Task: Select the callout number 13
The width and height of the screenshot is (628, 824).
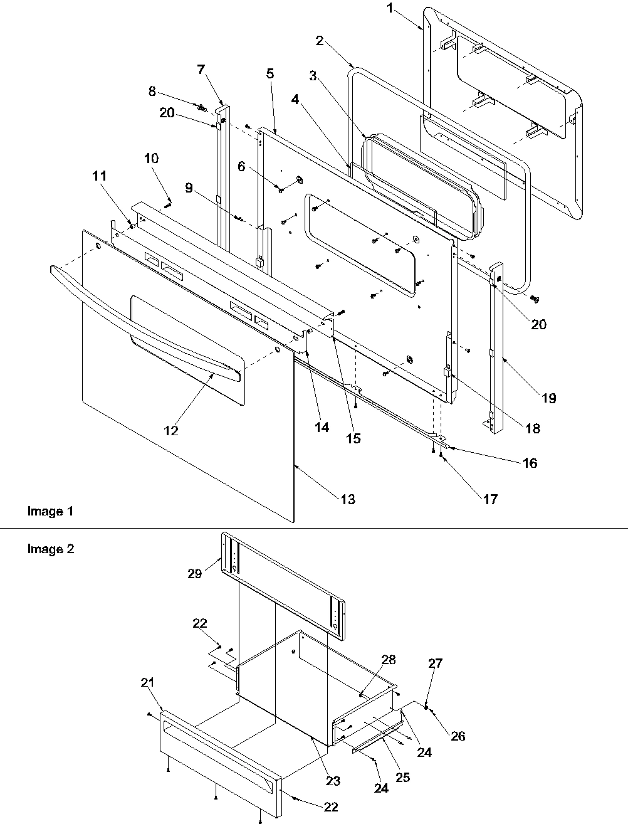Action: [x=347, y=499]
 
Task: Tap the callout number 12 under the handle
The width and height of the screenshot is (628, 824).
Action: [x=170, y=431]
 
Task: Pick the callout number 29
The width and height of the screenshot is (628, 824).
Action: [x=194, y=573]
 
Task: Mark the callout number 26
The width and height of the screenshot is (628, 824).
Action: [x=458, y=736]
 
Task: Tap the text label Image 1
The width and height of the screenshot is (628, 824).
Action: [x=50, y=512]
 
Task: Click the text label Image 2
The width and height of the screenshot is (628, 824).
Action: [x=50, y=549]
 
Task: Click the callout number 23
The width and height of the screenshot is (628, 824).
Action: [x=332, y=781]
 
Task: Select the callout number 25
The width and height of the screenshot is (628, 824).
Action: [x=402, y=777]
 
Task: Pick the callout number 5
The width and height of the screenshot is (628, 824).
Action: [x=270, y=73]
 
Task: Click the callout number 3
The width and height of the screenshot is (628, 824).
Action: [x=311, y=76]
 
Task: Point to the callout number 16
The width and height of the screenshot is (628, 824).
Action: [x=530, y=463]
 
